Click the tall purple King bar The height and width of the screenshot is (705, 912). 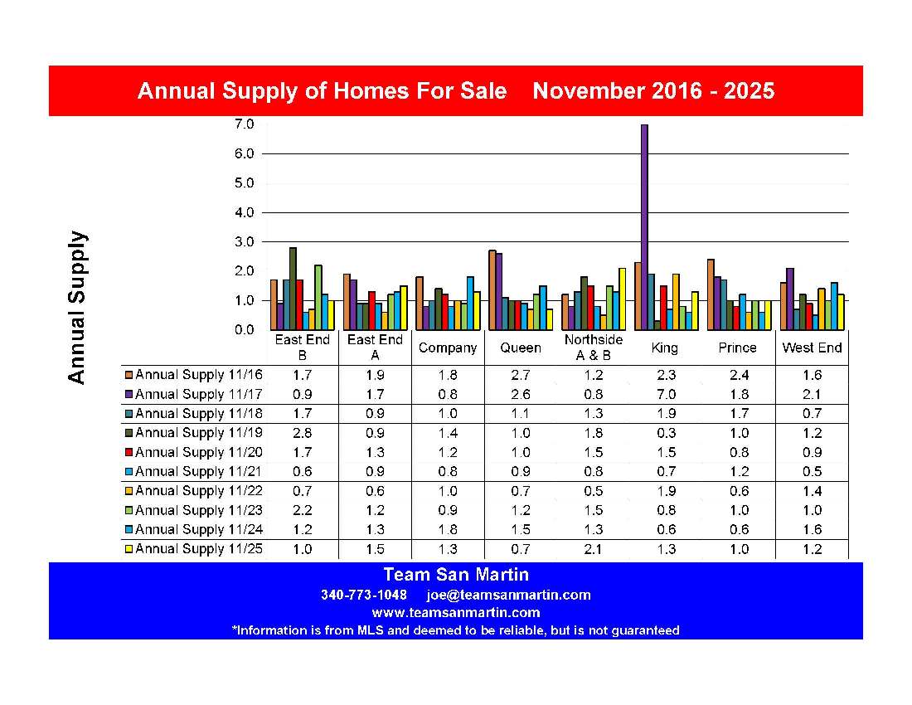644,227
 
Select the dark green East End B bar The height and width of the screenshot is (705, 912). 293,289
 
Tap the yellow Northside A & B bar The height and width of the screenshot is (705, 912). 622,299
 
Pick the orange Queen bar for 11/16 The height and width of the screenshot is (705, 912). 492,289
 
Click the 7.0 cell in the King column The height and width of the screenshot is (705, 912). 665,394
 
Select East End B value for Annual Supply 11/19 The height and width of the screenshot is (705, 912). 303,433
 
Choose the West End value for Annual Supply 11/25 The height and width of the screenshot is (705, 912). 812,548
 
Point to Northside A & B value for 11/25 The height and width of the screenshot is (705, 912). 592,548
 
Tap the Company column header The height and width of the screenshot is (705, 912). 448,348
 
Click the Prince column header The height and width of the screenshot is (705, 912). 738,348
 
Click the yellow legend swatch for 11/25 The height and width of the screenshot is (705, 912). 129,548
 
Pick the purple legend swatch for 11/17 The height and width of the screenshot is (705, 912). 129,394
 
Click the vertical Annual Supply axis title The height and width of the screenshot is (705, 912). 76,307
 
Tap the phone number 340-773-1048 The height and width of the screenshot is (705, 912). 364,595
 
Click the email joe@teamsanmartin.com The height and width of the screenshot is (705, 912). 508,595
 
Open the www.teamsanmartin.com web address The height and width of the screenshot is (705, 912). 456,613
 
